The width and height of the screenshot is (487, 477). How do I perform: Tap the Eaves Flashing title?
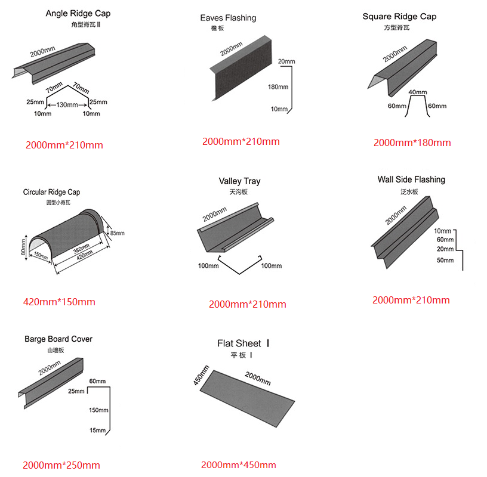click(x=228, y=18)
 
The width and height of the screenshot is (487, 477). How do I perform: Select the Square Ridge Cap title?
click(x=399, y=16)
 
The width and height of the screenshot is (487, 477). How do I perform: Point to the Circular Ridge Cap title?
click(x=51, y=192)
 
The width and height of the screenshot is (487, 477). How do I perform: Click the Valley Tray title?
click(x=239, y=181)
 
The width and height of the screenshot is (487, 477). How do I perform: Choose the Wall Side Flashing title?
click(x=411, y=179)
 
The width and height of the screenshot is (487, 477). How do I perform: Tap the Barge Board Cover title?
click(x=58, y=339)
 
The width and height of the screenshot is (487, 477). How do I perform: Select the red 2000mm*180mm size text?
click(x=412, y=143)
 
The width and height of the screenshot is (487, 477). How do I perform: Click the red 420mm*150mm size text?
click(x=59, y=302)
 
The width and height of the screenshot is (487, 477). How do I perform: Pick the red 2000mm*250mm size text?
click(x=61, y=465)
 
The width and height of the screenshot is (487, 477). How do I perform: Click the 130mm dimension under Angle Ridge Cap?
click(x=68, y=104)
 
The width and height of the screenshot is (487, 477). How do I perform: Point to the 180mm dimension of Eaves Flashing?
click(x=278, y=87)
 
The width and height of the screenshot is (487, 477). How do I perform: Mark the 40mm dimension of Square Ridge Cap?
click(x=418, y=92)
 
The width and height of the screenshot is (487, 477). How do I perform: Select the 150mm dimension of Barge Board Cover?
click(x=98, y=410)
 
